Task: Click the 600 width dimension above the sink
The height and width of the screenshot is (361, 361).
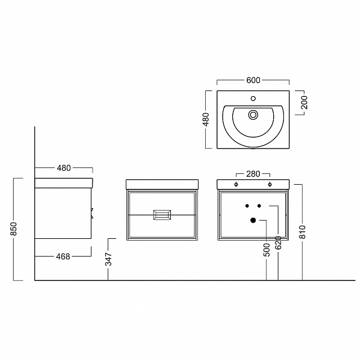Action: coord(253,80)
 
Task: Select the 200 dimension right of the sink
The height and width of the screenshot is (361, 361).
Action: coord(304,102)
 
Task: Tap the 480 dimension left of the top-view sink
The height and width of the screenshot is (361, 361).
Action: coord(206,119)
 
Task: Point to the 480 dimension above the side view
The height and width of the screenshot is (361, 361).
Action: coord(64,168)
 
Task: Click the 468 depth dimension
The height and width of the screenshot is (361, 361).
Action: coord(63,256)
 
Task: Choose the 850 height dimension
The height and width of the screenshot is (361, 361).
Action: coord(14,229)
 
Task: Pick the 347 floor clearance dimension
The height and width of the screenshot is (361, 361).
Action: coord(108,259)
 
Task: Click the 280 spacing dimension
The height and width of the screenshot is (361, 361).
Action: coord(253,174)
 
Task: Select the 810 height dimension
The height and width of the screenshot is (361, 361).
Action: coord(303,232)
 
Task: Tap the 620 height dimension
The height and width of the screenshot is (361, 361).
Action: coord(279,242)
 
